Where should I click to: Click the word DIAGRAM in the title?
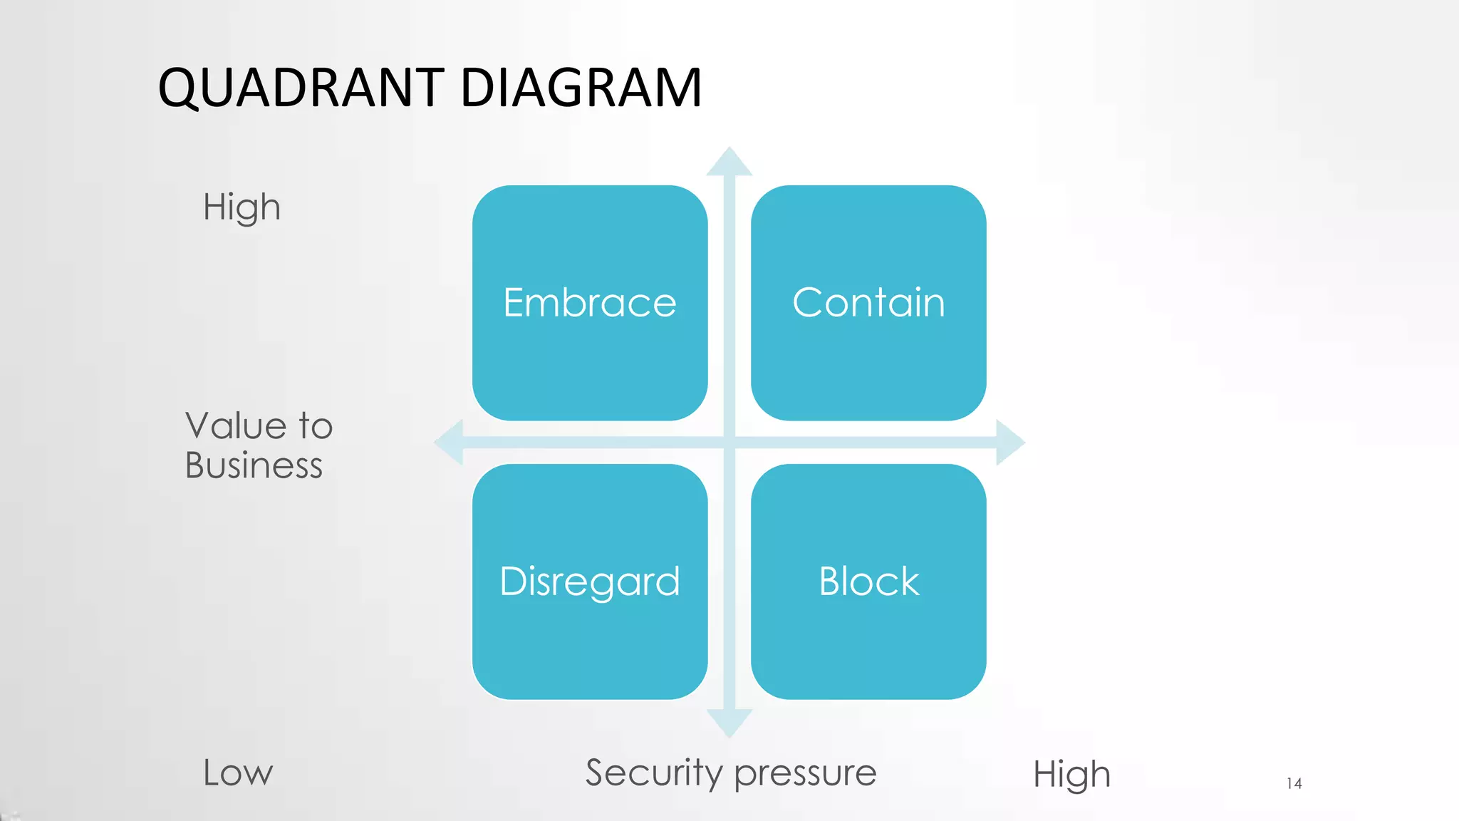pyautogui.click(x=581, y=88)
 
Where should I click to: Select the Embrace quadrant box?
pyautogui.click(x=590, y=303)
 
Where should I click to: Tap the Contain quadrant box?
pyautogui.click(x=868, y=303)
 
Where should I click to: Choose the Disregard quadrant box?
pyautogui.click(x=590, y=582)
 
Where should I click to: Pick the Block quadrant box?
pyautogui.click(x=868, y=582)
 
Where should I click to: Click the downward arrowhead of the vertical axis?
pyautogui.click(x=729, y=722)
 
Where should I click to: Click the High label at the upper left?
pyautogui.click(x=242, y=207)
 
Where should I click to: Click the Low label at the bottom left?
pyautogui.click(x=238, y=773)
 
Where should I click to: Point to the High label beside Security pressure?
pyautogui.click(x=1071, y=775)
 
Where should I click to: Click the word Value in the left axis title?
pyautogui.click(x=236, y=426)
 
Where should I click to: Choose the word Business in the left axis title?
pyautogui.click(x=254, y=465)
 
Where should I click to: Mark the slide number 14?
pyautogui.click(x=1294, y=784)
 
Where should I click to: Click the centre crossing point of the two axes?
pyautogui.click(x=729, y=443)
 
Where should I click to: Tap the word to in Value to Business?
pyautogui.click(x=316, y=426)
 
